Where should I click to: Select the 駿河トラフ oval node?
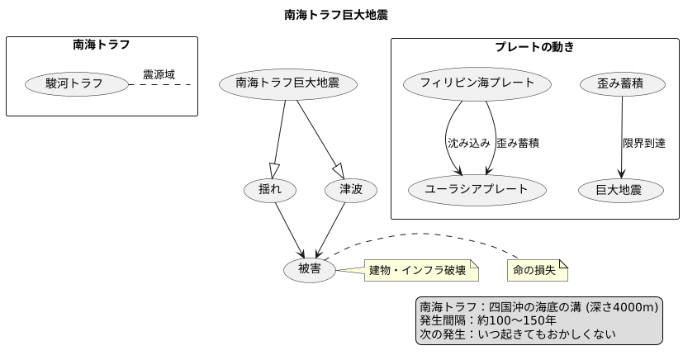pos(75,83)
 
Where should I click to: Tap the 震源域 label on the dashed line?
pos(159,74)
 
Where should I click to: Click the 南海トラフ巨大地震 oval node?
pos(287,83)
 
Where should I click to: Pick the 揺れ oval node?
pos(270,190)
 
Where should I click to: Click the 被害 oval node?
pos(309,269)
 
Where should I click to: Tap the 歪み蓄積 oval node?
pos(620,83)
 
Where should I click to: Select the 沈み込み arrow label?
pos(468,143)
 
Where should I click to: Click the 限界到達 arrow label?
pos(644,143)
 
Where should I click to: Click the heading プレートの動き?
pos(534,47)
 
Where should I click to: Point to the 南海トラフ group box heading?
pos(102,45)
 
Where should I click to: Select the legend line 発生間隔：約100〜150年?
pos(488,320)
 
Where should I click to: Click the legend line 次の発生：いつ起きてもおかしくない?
pos(518,334)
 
